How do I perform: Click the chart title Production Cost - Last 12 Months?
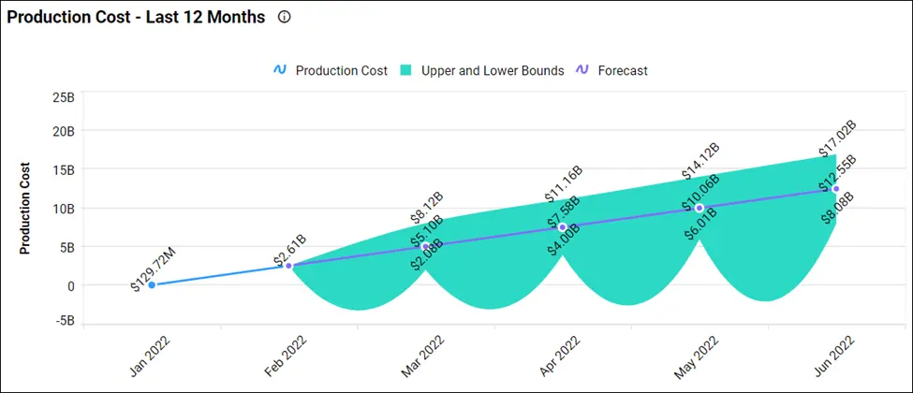[137, 18]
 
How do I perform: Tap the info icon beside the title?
[285, 18]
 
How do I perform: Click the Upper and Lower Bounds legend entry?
[482, 70]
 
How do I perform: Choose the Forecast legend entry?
[611, 70]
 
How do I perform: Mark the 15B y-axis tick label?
[63, 169]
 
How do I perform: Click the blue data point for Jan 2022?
[152, 284]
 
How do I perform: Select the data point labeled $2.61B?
[288, 266]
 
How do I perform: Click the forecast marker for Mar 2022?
[425, 246]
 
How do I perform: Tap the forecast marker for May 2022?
[699, 208]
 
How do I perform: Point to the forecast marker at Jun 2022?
[835, 189]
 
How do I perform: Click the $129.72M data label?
[151, 270]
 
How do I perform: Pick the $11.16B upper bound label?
[564, 183]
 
